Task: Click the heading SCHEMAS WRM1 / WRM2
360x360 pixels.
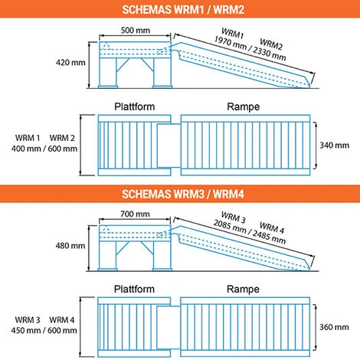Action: [x=183, y=10]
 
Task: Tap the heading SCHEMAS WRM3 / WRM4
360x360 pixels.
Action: [x=183, y=194]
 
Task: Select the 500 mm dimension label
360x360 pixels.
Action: [x=136, y=30]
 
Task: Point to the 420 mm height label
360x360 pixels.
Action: [x=70, y=62]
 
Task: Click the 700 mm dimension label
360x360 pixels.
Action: [x=135, y=214]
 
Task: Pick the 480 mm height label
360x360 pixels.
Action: [x=70, y=246]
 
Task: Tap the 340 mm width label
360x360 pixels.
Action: [x=335, y=146]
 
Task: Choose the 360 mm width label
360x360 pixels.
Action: [x=334, y=327]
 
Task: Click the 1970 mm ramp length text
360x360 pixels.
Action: [x=231, y=43]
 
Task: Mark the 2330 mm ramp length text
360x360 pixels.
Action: [x=270, y=54]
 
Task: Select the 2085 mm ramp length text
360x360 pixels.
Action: [x=230, y=227]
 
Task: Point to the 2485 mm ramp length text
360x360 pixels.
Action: [x=269, y=237]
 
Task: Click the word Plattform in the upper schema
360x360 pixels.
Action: [x=135, y=106]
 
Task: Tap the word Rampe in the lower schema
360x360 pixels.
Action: [x=243, y=290]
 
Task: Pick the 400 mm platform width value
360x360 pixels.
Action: [x=26, y=149]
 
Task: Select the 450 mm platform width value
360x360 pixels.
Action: [x=26, y=330]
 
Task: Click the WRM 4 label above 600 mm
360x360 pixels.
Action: [x=62, y=319]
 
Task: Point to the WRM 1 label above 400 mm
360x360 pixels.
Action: [x=28, y=138]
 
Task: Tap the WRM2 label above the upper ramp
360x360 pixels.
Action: [x=271, y=44]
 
